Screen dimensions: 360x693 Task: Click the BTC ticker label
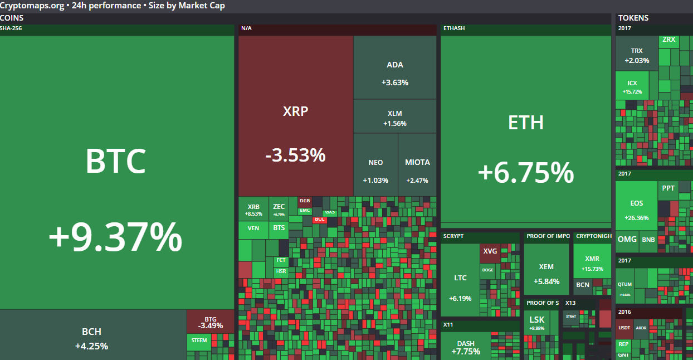pos(115,160)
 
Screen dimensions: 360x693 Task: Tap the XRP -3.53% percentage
pos(295,155)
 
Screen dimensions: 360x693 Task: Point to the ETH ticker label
pos(526,123)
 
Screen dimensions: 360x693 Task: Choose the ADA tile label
pos(394,65)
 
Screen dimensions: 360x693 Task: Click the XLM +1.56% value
pos(394,124)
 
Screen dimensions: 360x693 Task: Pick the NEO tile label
pos(375,163)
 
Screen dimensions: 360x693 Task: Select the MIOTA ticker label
pos(417,163)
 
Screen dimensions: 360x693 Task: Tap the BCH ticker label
pos(91,332)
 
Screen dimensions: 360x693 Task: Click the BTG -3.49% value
pos(211,326)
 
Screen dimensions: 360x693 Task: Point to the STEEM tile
pos(199,340)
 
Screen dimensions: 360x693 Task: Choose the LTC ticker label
pos(460,278)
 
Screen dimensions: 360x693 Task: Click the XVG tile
pos(490,251)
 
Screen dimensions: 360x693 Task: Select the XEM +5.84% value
pos(546,282)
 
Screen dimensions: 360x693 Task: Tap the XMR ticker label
pos(592,259)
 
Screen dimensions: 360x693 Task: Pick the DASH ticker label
pos(466,343)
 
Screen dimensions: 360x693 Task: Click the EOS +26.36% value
pos(636,218)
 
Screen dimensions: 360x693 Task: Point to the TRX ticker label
pos(637,51)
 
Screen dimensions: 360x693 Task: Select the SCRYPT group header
pos(453,236)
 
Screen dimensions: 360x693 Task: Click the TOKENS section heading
pos(633,18)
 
